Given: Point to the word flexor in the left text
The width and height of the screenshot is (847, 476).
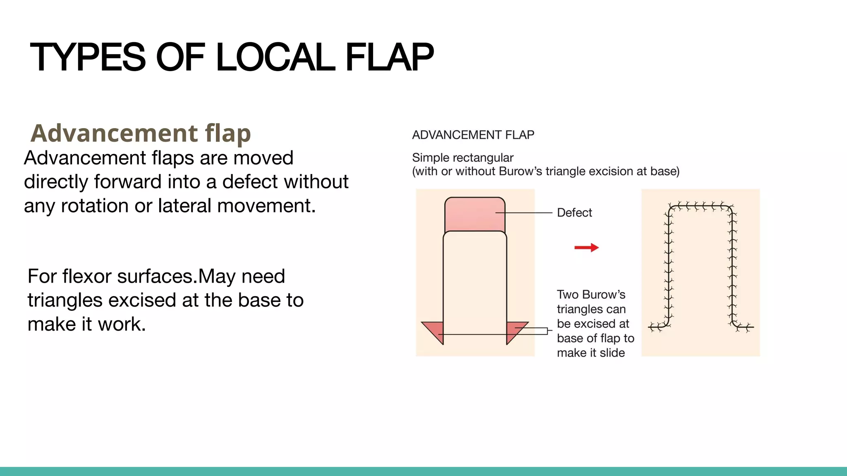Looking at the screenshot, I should [87, 276].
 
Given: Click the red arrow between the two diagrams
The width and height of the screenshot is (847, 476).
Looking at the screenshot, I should [586, 248].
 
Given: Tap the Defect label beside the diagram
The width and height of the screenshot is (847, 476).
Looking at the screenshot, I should [574, 213].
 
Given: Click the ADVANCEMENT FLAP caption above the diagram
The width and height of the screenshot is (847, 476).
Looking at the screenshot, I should [473, 135].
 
